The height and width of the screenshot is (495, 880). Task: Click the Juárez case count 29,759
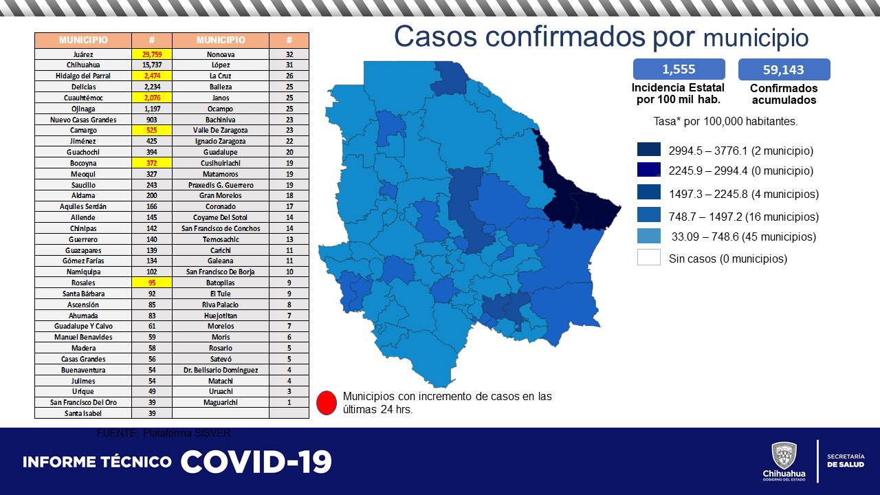point(151,54)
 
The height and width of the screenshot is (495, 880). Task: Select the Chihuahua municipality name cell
point(83,65)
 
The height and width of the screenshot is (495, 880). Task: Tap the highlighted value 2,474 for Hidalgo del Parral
point(151,76)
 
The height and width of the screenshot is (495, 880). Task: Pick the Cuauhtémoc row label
point(83,98)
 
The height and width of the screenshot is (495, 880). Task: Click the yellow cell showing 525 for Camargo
point(151,130)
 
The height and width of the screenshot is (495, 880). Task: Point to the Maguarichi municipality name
point(220,402)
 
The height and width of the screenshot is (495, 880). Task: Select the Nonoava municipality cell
point(220,54)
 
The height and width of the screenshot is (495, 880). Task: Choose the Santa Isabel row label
point(83,413)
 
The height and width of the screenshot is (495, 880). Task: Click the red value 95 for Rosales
point(151,283)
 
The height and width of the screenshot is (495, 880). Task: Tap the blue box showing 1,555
point(679,69)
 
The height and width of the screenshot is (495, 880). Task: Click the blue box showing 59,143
point(784,69)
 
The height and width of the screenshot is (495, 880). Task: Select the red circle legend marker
point(327,403)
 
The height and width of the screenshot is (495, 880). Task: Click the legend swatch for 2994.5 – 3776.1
point(649,150)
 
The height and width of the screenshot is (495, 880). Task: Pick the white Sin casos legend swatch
point(649,258)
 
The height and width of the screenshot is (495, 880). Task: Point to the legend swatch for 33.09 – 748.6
point(649,236)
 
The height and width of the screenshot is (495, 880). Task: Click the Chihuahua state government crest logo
point(784,456)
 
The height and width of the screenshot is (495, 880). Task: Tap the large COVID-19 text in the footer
point(256,462)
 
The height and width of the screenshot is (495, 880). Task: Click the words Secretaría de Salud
point(845,461)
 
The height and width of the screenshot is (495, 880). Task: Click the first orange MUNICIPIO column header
point(83,40)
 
